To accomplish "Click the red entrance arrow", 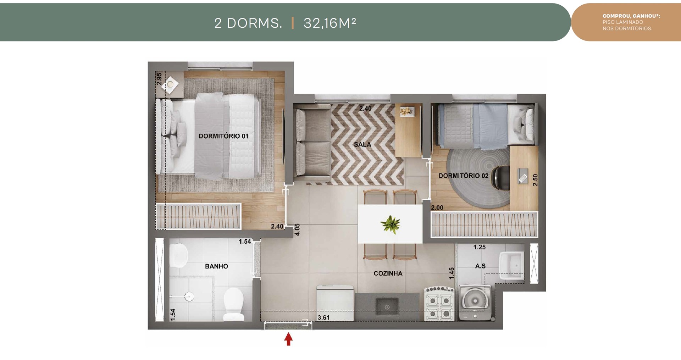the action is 288,339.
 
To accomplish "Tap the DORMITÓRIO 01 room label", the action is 223,136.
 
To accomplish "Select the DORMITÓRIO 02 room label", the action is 463,176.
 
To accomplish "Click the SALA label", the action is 362,144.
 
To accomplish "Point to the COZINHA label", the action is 388,273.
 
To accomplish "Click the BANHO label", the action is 216,266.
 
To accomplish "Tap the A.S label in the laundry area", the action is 480,266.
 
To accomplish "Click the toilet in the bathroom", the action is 233,304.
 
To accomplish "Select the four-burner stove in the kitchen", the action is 439,304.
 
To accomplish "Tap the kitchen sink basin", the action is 387,307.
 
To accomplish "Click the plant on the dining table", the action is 390,225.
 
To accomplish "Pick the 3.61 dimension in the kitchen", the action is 323,318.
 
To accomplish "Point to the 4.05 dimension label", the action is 297,229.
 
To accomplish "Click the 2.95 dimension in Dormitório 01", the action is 159,79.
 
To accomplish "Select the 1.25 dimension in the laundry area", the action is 479,247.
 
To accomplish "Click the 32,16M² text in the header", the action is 330,23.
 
